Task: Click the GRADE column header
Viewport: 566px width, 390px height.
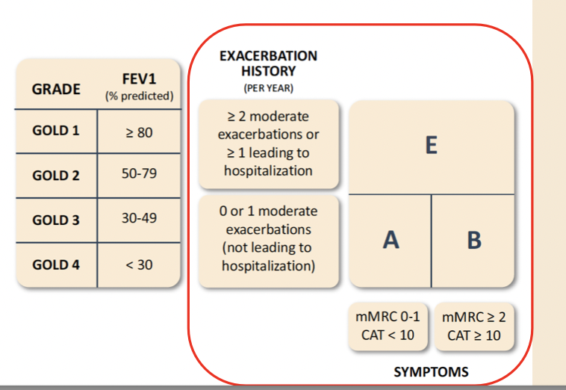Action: coord(56,89)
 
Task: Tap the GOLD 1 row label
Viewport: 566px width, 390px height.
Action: coord(56,131)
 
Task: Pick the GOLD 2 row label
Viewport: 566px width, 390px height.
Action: coord(56,176)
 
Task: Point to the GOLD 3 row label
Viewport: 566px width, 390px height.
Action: coord(56,220)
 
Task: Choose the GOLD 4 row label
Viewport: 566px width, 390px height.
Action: coord(56,264)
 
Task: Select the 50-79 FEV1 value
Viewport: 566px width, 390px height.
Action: coord(139,173)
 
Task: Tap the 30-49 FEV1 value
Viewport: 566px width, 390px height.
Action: coord(139,218)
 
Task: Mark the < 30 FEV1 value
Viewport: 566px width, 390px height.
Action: coord(139,264)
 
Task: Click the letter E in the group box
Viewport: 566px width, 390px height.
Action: coord(431,146)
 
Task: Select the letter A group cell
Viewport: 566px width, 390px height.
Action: coord(390,240)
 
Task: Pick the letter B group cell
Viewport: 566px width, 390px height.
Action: coord(473,240)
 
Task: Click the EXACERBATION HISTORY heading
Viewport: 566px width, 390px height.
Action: coord(268,64)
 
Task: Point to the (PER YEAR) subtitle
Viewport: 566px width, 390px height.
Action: coord(268,88)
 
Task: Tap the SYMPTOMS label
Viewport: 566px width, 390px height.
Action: coord(431,371)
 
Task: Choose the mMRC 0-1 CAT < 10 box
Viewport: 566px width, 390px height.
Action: coord(389,326)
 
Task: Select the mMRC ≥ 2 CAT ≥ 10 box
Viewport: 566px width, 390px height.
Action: coord(474,326)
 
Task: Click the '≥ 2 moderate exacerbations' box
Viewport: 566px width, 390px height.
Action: coord(268,143)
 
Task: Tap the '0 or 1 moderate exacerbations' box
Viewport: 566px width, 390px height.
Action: coord(268,238)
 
